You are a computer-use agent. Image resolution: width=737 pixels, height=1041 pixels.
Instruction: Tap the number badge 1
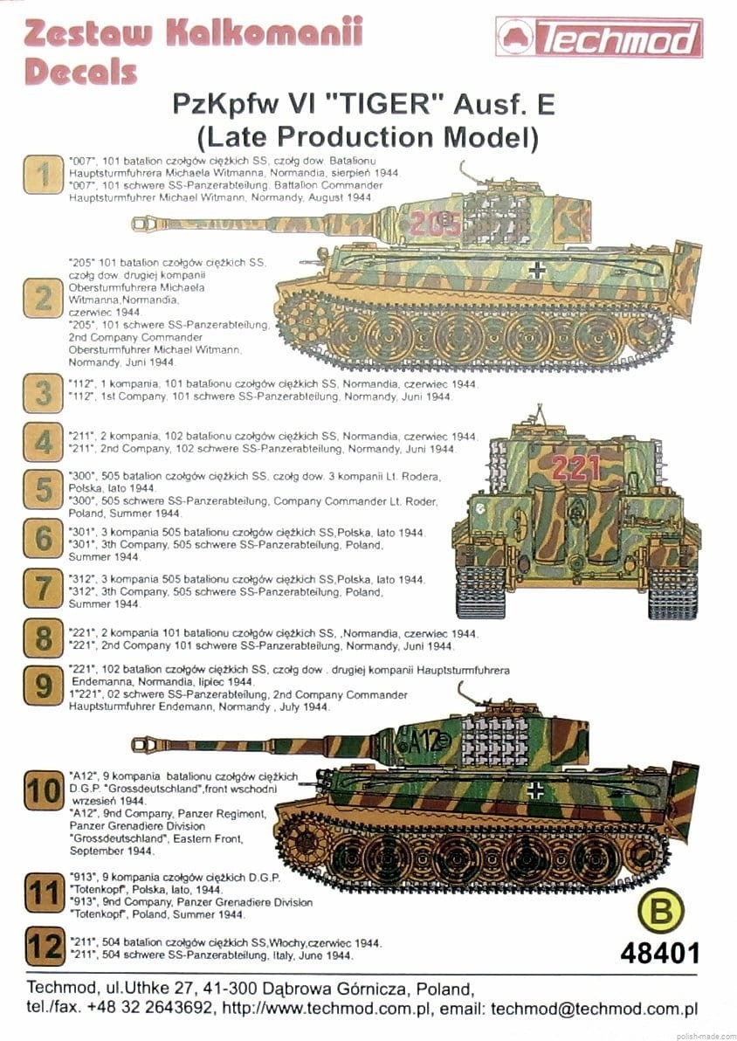click(x=41, y=174)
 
